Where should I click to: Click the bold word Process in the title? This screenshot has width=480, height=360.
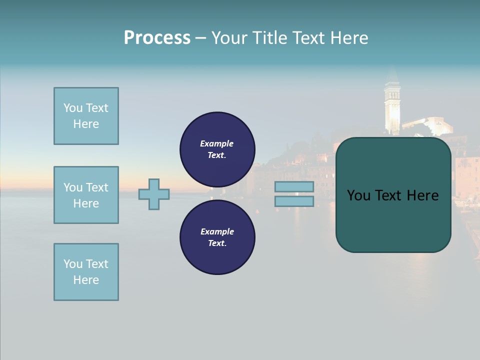pos(157,38)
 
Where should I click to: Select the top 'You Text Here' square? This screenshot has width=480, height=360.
pos(86,116)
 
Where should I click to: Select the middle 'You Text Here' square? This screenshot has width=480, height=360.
pos(86,195)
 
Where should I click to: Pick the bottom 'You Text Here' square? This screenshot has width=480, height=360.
pos(86,272)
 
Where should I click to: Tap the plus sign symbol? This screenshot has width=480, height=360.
pos(154,194)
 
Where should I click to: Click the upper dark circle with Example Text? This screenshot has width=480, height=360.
pos(217,149)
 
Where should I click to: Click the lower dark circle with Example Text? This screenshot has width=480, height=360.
pos(217,237)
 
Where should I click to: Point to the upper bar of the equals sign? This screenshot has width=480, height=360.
pos(294,186)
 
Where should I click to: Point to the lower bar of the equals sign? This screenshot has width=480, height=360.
pos(294,201)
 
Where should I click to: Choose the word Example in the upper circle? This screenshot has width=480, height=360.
pos(216,143)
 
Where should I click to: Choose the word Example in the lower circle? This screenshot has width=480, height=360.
pos(217,231)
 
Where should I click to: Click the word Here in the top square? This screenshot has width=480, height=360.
pos(86,124)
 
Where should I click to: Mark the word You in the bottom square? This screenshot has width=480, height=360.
pos(73,264)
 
